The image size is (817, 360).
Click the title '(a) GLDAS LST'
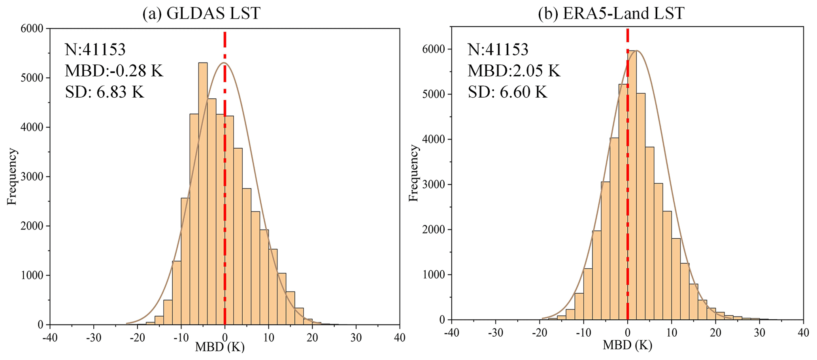point(202,13)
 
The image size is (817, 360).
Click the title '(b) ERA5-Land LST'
point(611,13)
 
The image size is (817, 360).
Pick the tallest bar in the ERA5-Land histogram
point(632,186)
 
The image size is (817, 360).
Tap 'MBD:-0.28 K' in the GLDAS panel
point(114,71)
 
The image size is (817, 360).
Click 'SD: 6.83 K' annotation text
point(105,92)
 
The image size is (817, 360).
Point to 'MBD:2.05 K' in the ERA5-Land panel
point(514,71)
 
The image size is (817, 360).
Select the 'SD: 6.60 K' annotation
point(508,92)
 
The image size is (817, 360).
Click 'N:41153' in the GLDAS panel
point(95,50)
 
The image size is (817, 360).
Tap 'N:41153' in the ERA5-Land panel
point(498,50)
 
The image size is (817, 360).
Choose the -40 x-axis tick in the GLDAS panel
point(49,338)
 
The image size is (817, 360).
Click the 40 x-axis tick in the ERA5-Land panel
point(803,332)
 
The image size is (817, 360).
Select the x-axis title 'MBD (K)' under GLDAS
point(220,347)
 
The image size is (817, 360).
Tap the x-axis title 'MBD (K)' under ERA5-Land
point(627,345)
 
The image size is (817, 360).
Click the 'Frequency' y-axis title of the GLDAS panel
point(12,176)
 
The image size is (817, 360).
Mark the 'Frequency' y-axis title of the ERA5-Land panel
point(413,173)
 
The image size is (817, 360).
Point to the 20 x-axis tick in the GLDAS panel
point(312,338)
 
